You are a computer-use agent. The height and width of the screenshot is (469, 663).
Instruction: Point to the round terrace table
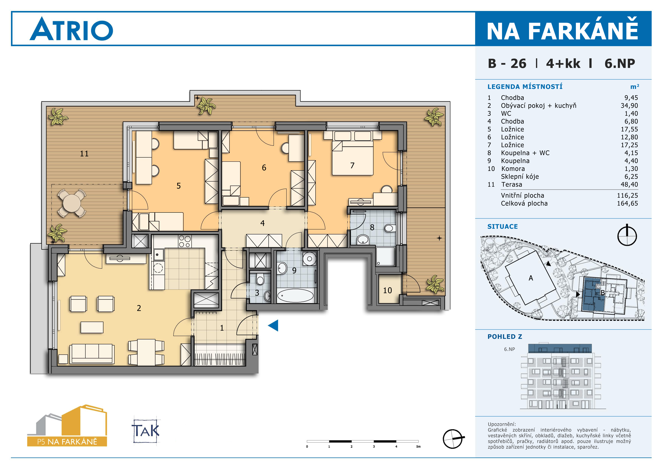[x=72, y=203]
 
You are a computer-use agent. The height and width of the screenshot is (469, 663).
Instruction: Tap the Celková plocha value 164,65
[x=627, y=203]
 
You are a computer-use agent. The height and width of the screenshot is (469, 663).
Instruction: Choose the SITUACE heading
[x=503, y=226]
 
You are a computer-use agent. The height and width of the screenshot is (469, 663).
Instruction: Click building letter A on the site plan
[x=531, y=278]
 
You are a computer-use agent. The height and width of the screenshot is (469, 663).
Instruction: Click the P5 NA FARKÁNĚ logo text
[x=67, y=442]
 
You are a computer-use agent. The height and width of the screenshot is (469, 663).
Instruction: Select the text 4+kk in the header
[x=563, y=63]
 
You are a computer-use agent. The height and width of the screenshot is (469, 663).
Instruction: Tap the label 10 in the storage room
[x=387, y=290]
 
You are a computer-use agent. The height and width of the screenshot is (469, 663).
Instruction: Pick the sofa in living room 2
[x=91, y=353]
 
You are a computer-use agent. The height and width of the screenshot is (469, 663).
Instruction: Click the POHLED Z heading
[x=505, y=337]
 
